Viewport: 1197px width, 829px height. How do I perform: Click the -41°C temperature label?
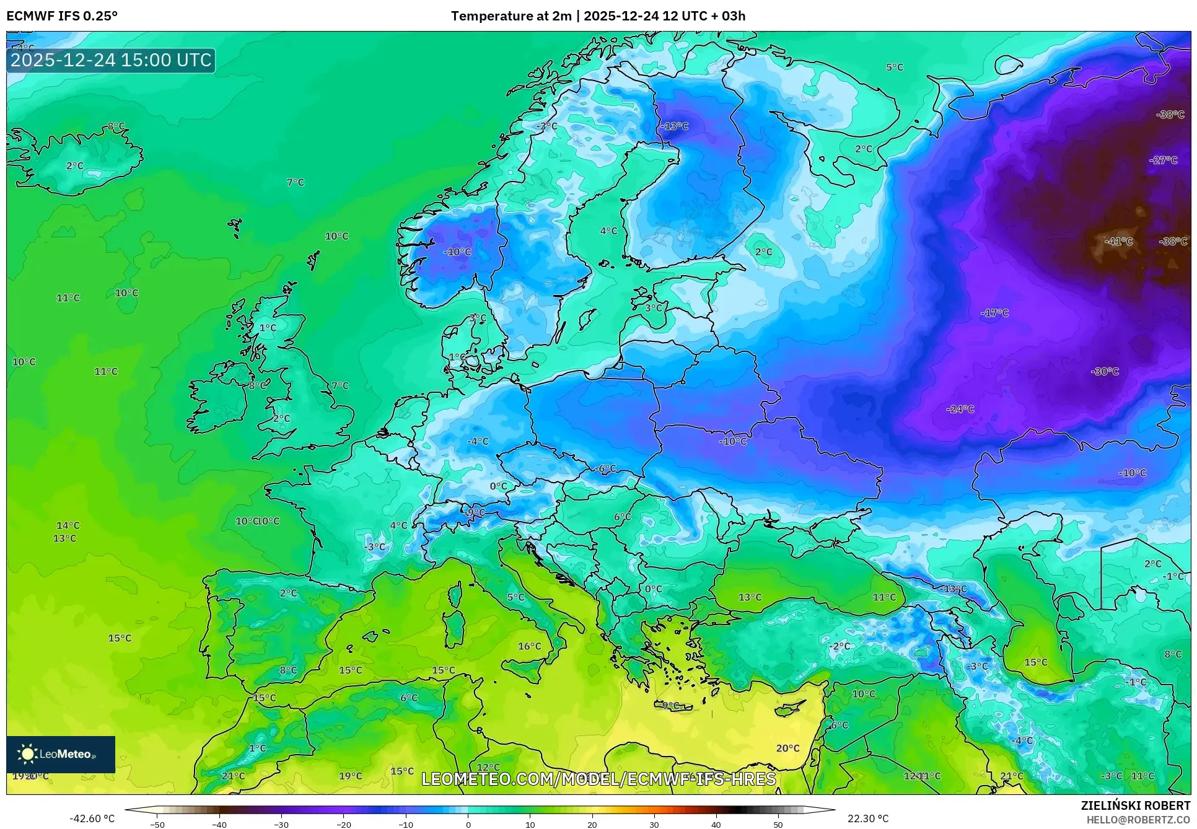pos(1119,242)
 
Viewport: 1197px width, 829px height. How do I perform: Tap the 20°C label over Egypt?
pos(787,748)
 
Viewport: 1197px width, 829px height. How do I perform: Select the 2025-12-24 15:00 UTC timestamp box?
pos(111,60)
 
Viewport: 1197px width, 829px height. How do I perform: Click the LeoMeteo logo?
pos(60,754)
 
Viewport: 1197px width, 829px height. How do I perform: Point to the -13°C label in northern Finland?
pos(674,126)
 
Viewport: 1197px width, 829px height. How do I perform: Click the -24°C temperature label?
pos(960,409)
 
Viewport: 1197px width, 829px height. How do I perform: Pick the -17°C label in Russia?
pos(994,313)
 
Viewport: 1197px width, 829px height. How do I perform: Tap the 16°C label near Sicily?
pos(529,646)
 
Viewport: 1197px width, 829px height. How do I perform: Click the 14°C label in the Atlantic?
pos(68,525)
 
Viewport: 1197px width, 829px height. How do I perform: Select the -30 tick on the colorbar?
pos(281,824)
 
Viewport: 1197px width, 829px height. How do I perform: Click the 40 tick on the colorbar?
pos(716,824)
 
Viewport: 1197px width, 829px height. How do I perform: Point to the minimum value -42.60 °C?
pos(92,818)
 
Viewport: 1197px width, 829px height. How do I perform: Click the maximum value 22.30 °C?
pos(867,818)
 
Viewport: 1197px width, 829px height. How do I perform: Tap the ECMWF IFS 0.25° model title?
pos(61,16)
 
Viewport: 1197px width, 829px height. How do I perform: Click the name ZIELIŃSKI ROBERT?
pos(1135,805)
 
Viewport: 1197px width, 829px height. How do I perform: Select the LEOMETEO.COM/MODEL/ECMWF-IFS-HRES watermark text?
pos(598,779)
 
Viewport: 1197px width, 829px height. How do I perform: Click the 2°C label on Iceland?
pos(74,165)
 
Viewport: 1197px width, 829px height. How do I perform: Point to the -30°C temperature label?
pos(1104,371)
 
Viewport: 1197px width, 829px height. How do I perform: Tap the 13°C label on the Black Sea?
pos(750,597)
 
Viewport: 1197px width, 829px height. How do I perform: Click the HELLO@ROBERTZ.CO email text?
pos(1138,820)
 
